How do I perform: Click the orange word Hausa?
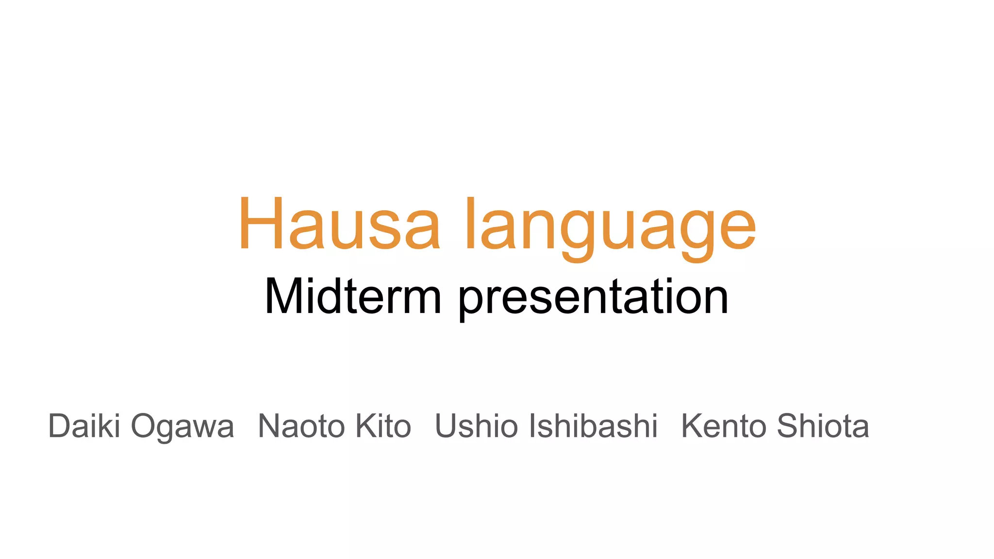[339, 224]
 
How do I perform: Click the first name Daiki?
[84, 426]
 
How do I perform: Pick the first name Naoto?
[301, 426]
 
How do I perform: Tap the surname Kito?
[383, 426]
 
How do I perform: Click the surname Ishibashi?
[593, 426]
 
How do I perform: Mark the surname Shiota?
[823, 426]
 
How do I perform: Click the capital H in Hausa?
[261, 224]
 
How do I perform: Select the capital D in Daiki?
[60, 426]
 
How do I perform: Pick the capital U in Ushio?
[447, 426]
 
